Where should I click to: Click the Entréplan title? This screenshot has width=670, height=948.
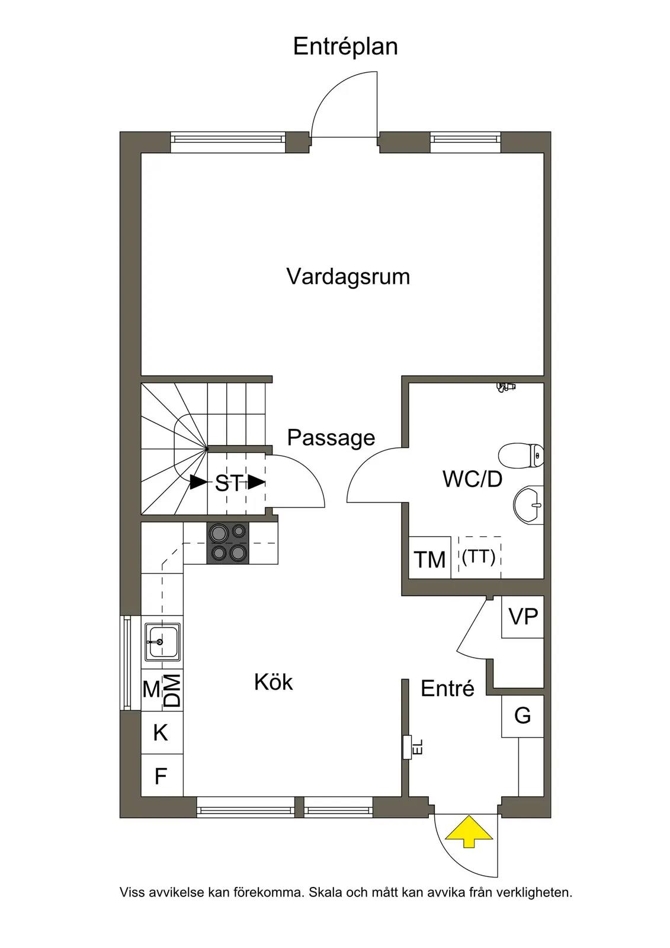tap(345, 47)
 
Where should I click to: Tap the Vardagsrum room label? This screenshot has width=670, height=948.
tap(348, 277)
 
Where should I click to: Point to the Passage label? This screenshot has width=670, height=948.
tap(331, 438)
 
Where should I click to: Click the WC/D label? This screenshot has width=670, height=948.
tap(472, 479)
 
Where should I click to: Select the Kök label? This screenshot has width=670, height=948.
tap(274, 682)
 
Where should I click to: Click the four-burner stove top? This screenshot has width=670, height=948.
tap(227, 543)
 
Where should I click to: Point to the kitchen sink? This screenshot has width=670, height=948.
tap(162, 642)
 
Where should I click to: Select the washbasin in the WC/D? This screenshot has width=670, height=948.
tap(528, 505)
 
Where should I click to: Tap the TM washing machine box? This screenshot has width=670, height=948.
tap(429, 558)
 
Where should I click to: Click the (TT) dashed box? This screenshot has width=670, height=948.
tap(479, 558)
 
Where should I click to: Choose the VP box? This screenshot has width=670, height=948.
tap(522, 617)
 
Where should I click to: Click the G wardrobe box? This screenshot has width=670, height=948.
tap(522, 716)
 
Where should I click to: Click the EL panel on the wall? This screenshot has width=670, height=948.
tap(408, 747)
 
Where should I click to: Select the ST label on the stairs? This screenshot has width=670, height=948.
tap(229, 483)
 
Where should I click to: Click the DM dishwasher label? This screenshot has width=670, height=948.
tap(173, 690)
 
